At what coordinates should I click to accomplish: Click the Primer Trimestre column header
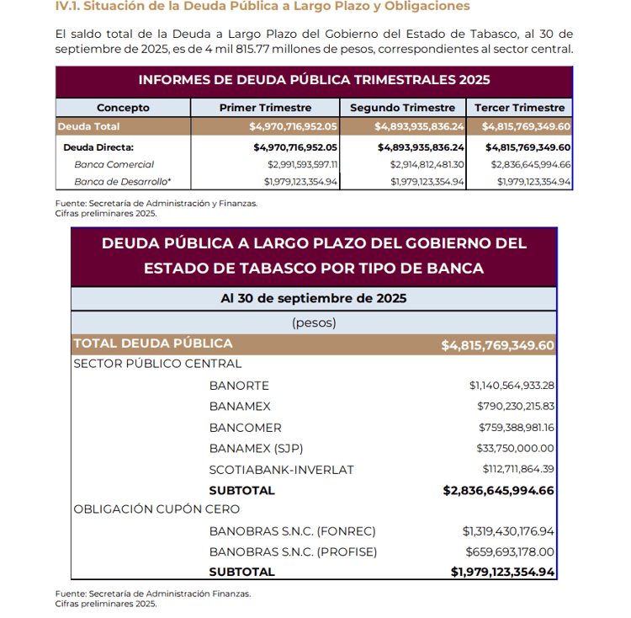point(265,108)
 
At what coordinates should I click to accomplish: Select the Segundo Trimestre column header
point(402,108)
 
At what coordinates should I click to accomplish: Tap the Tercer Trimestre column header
point(519,108)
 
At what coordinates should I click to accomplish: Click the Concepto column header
point(123,108)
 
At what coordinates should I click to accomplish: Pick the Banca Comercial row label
point(114,164)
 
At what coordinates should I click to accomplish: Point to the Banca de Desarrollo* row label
point(122,181)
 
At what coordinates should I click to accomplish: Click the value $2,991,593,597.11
point(302,164)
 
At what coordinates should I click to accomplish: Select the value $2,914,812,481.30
point(427,164)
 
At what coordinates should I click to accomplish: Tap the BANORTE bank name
point(239,386)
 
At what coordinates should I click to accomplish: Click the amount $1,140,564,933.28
point(512,386)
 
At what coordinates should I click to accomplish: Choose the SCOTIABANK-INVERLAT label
point(281,469)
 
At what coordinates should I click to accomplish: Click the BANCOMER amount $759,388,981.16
point(516,427)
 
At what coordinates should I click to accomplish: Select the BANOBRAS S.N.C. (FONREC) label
point(292,531)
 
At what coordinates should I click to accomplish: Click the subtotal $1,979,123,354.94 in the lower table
point(502,573)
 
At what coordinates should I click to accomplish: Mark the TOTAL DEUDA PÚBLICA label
point(152,344)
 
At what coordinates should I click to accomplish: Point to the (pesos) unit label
point(313,322)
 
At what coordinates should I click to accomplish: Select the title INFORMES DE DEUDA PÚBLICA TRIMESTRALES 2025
point(313,81)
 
